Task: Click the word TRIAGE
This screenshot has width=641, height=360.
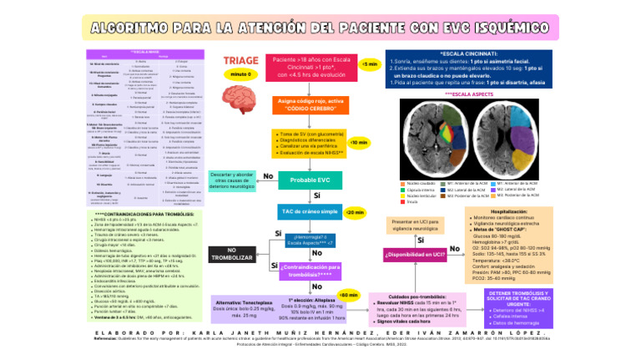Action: point(241,61)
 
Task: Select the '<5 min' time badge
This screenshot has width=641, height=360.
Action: point(368,64)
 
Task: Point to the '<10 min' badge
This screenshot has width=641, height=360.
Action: point(358,143)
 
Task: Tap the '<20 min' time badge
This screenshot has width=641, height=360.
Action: point(354,211)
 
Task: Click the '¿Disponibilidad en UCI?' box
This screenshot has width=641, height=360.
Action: point(415,254)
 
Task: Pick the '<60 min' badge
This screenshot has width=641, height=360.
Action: point(348,296)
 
